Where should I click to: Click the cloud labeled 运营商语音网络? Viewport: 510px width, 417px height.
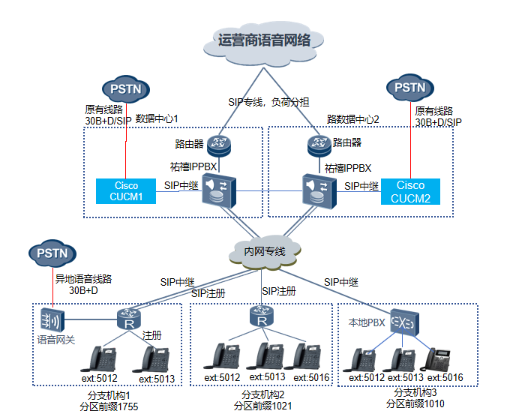click(x=264, y=42)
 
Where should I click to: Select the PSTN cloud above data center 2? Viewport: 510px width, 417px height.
click(x=409, y=88)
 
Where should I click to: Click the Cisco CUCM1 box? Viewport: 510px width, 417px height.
click(x=126, y=191)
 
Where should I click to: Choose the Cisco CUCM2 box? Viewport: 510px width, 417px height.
click(x=410, y=191)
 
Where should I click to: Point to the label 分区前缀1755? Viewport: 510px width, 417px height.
click(x=109, y=406)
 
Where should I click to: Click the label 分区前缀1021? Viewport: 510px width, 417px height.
click(x=262, y=406)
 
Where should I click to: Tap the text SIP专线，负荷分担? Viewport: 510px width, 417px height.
click(x=268, y=102)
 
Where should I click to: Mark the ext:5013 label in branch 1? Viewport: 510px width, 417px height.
click(x=157, y=379)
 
